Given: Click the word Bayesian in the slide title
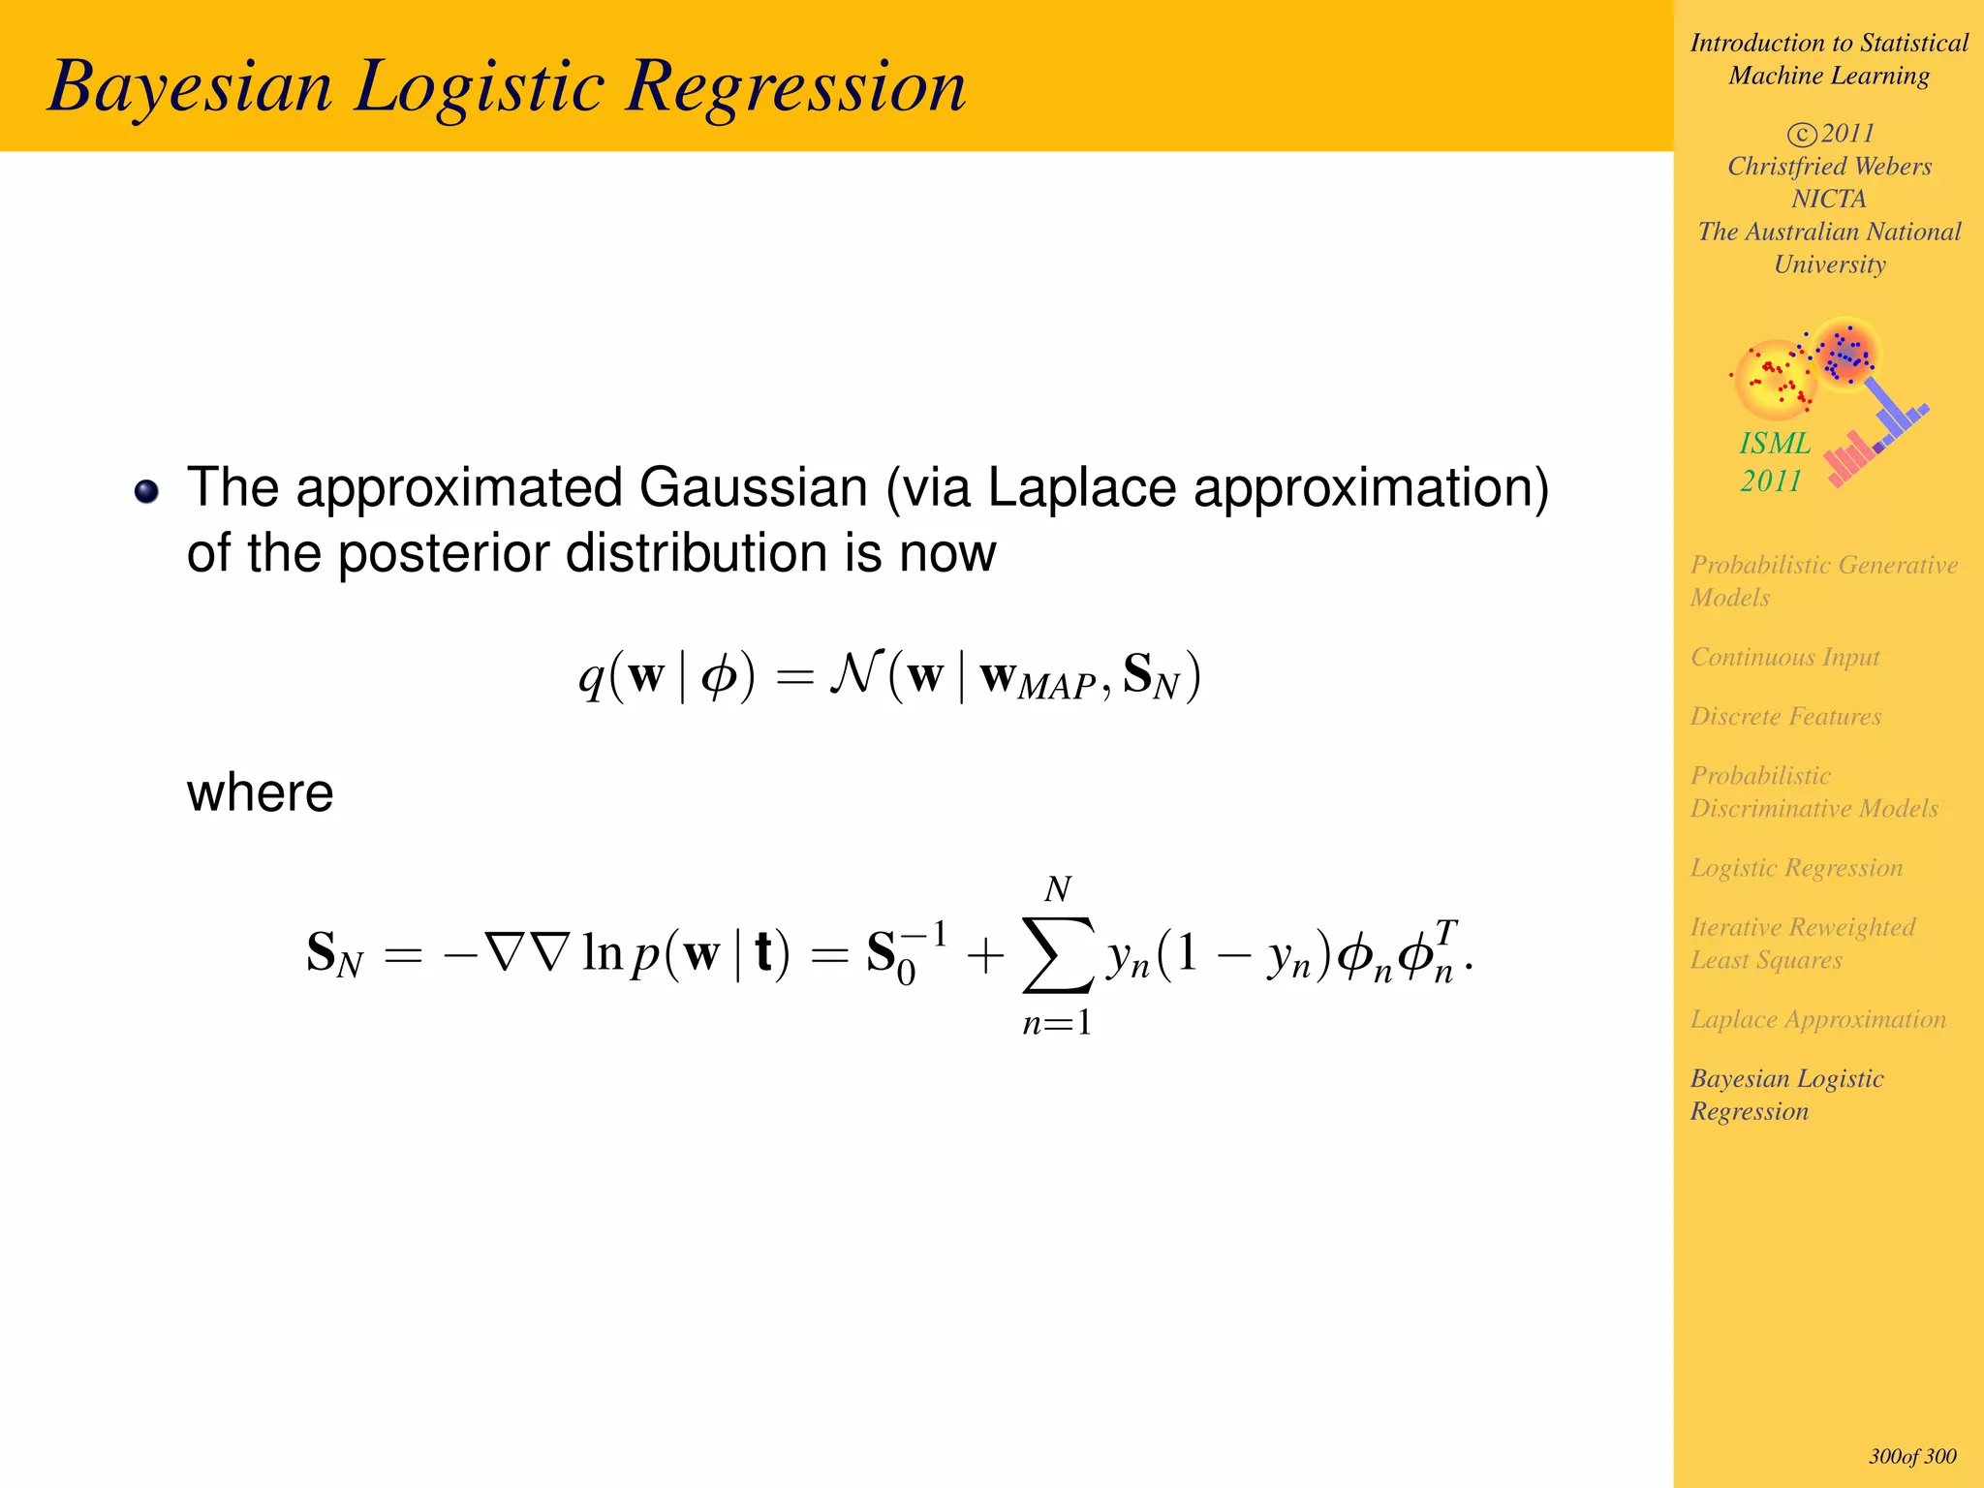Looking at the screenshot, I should [x=190, y=87].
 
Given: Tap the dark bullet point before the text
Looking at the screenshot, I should [x=146, y=491].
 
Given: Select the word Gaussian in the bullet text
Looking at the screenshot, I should [x=753, y=487].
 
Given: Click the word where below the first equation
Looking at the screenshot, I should [x=260, y=792].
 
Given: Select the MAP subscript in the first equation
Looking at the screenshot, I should [x=1056, y=687].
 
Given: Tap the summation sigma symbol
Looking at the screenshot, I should [x=1058, y=955].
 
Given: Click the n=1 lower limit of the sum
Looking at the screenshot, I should [x=1057, y=1023].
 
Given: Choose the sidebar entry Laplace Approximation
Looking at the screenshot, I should [x=1817, y=1019].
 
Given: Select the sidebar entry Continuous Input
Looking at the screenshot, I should [x=1784, y=657].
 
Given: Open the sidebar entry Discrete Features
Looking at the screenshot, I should [x=1785, y=716].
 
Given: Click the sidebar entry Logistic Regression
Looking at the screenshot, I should [x=1796, y=868].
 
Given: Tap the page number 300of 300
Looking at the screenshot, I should [x=1912, y=1456].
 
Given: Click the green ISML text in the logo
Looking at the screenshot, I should [x=1775, y=444].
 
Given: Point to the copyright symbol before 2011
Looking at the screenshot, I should [x=1801, y=134].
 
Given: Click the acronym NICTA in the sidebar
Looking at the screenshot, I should [x=1828, y=199].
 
